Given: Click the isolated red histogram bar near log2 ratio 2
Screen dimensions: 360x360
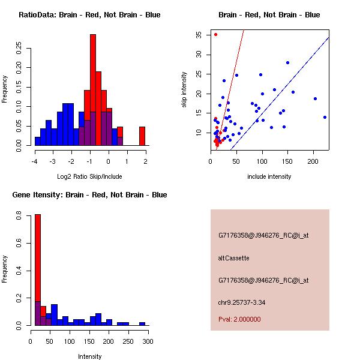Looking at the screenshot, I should [142, 136].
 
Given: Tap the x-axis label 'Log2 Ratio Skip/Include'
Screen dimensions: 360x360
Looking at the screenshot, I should [89, 176].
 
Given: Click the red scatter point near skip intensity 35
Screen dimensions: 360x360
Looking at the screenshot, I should [215, 34].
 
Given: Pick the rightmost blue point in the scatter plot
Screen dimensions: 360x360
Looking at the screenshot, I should [325, 118].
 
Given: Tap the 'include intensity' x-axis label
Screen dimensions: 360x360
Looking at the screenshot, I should [269, 176].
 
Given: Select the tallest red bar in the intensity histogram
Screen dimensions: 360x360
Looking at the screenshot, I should [38, 269].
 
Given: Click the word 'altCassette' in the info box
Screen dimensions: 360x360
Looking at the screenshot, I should [233, 258].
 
